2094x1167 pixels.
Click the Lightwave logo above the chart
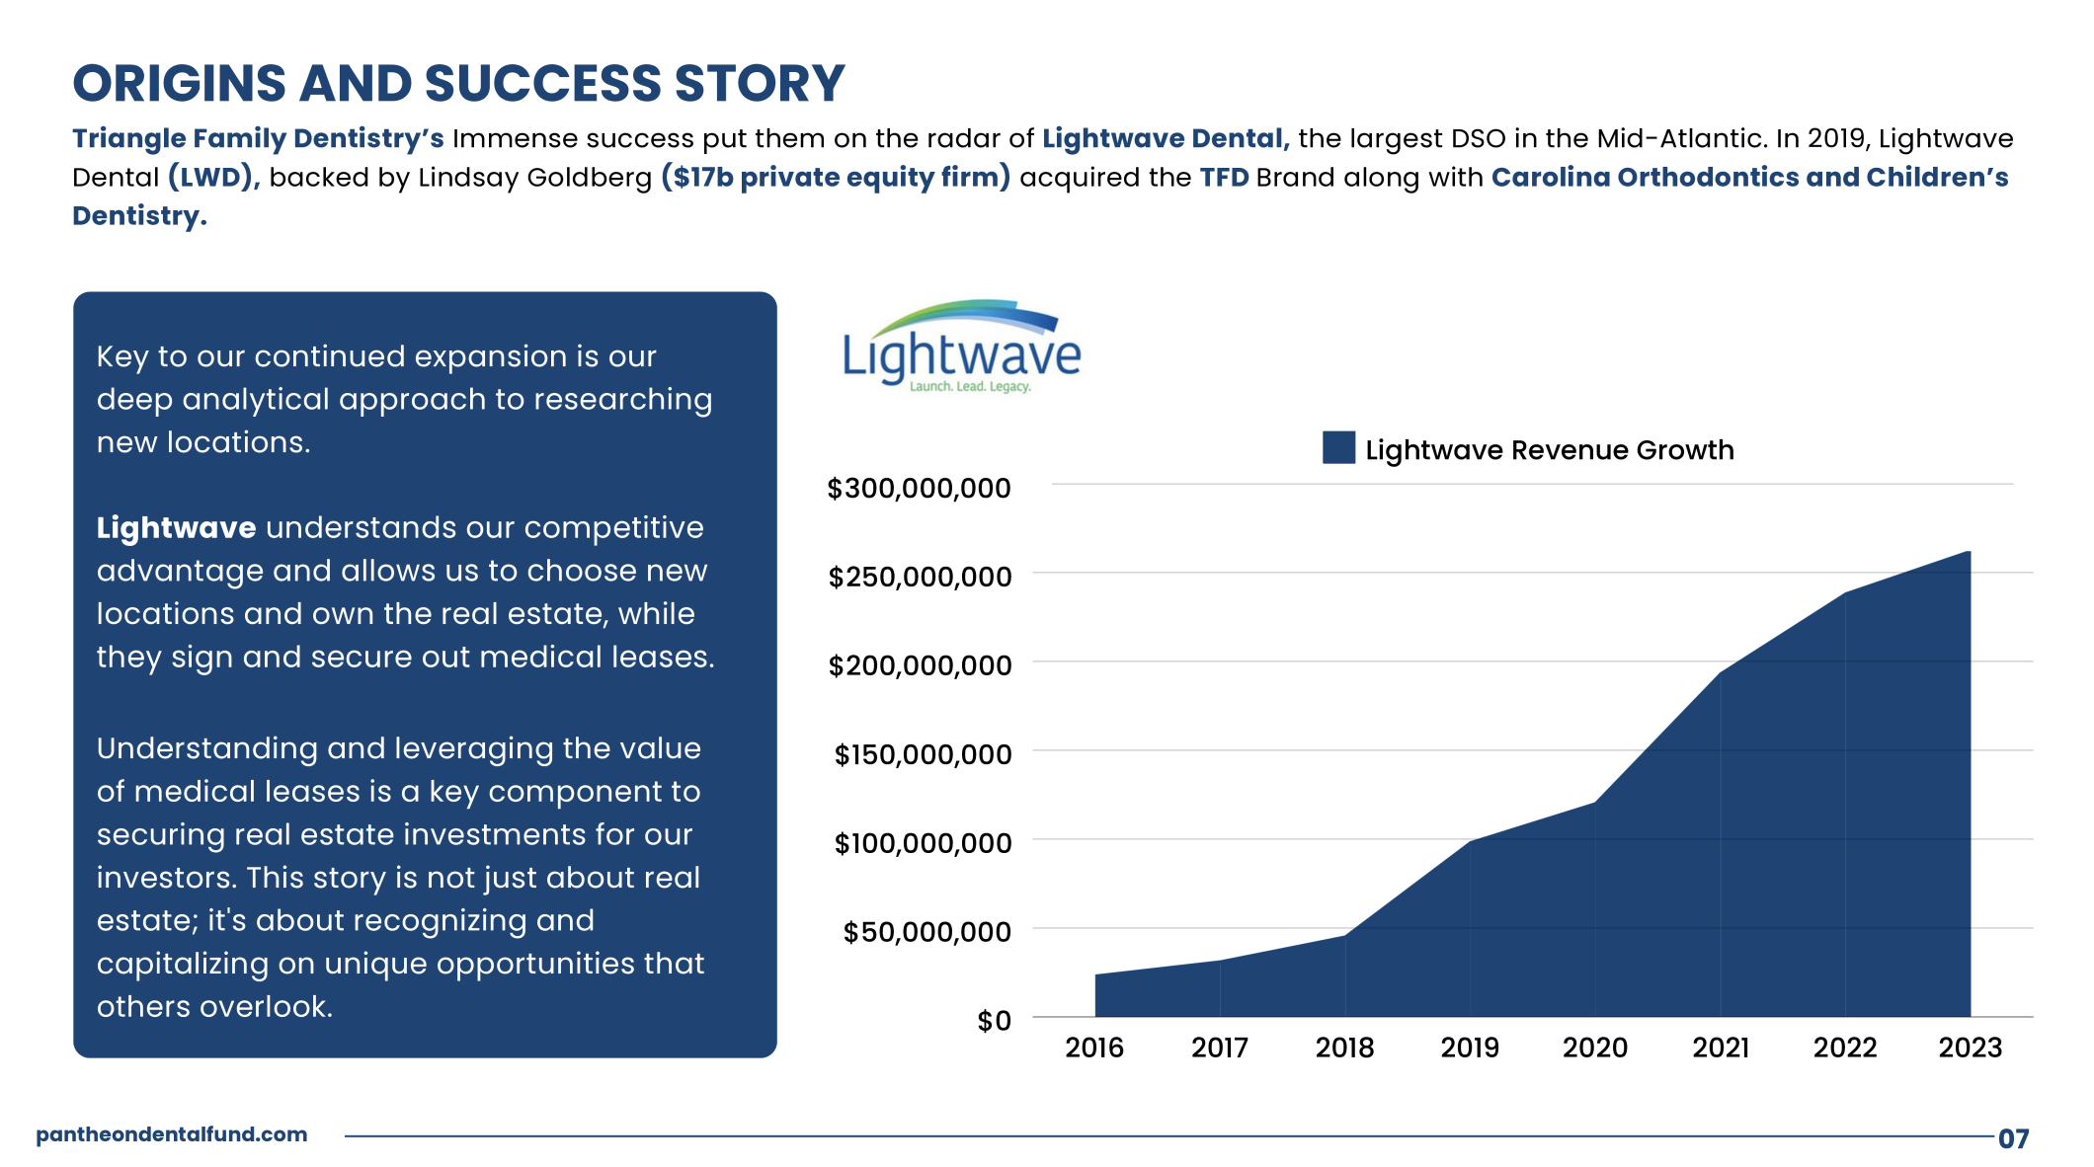pos(961,348)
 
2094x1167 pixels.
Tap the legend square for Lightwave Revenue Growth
pos(1338,447)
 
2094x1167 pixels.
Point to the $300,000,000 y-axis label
pos(919,488)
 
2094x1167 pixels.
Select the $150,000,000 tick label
pos(923,754)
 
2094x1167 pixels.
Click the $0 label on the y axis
pos(994,1021)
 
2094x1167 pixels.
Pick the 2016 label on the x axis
pos(1094,1048)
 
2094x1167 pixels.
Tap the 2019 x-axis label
pos(1470,1048)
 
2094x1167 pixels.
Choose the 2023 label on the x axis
pos(1970,1048)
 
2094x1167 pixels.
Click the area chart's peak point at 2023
pos(1969,552)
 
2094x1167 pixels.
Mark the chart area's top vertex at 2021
pos(1720,673)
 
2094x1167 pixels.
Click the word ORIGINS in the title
pos(179,83)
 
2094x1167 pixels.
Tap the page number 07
pos(2013,1138)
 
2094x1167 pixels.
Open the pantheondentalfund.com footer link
pos(172,1134)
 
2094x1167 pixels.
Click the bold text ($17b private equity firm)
pos(836,178)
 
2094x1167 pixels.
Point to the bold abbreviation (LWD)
pos(213,178)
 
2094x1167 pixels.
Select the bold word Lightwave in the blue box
pos(176,528)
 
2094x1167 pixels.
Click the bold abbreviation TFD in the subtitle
pos(1224,178)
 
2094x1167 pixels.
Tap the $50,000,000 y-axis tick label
pos(926,932)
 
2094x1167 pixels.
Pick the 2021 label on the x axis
pos(1720,1048)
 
